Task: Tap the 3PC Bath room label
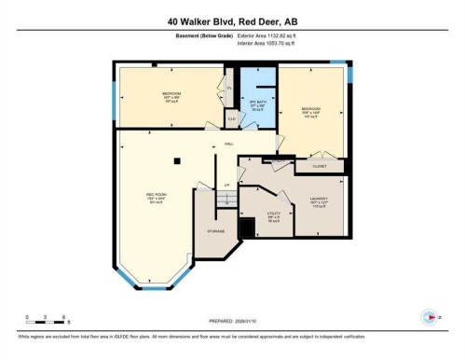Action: (x=253, y=104)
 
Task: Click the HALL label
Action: (x=229, y=145)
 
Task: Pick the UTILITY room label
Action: (x=273, y=215)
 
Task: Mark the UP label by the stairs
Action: (x=227, y=186)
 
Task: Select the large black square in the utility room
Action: (x=247, y=228)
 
